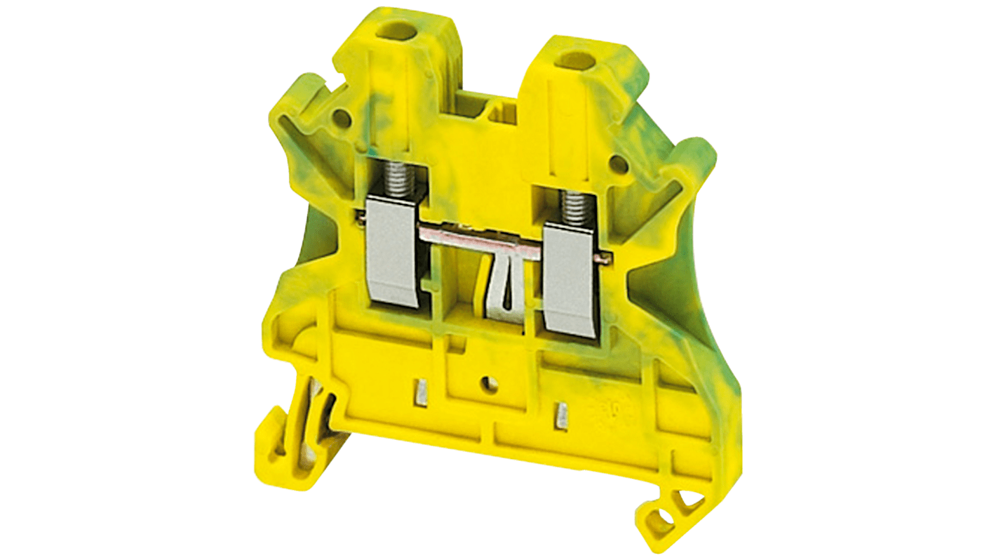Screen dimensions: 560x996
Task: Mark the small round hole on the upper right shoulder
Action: click(618, 164)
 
